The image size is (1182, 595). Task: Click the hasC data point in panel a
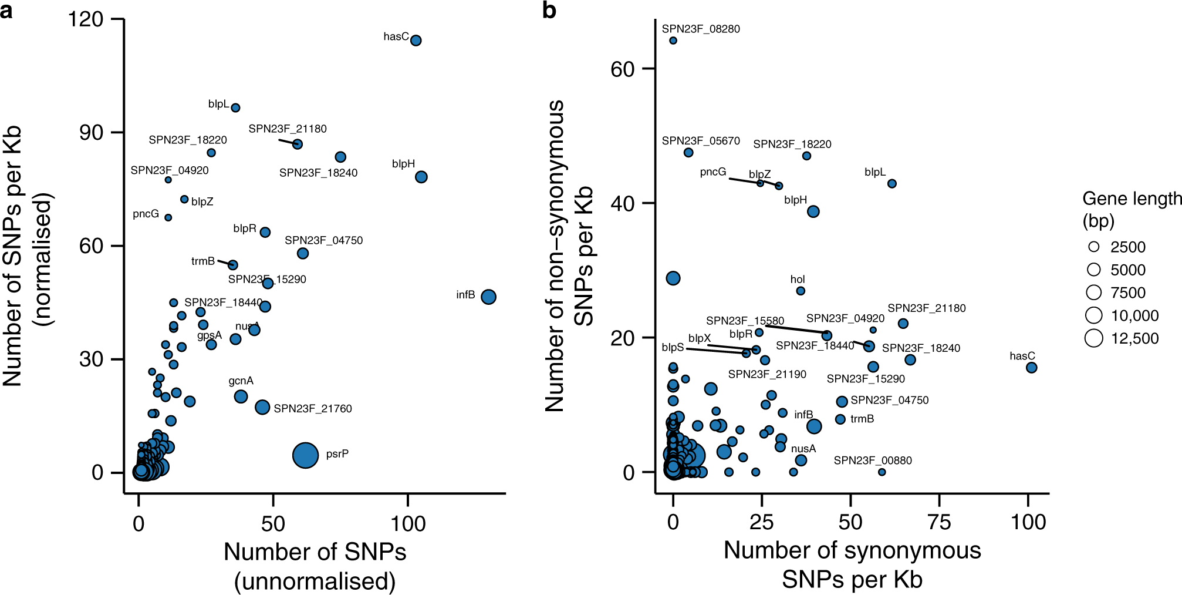416,41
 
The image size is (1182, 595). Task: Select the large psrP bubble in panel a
305,455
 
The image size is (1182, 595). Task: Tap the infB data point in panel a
488,297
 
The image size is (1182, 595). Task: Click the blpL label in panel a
218,104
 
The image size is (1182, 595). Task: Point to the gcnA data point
241,396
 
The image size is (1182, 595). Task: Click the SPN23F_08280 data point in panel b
673,41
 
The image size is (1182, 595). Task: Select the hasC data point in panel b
1031,368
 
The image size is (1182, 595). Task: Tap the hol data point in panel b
801,291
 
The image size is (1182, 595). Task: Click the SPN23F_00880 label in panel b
873,460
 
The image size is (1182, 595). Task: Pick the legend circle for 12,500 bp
1094,338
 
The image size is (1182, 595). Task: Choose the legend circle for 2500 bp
1094,247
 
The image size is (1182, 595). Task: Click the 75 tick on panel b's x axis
939,522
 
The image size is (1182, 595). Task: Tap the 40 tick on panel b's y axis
623,204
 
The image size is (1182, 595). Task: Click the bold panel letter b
549,11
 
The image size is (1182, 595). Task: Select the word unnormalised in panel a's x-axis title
315,581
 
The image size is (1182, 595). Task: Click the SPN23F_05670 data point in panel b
688,153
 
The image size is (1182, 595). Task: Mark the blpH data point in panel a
421,177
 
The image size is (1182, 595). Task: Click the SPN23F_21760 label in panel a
313,409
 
